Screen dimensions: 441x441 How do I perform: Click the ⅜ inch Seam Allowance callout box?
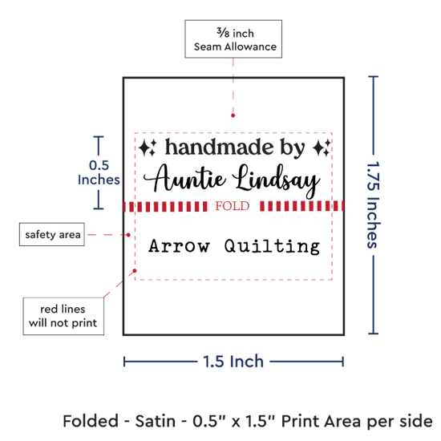point(233,38)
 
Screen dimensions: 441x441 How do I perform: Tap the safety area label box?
point(52,234)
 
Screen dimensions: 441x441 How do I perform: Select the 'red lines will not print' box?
point(63,316)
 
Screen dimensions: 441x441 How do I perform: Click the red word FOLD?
point(233,206)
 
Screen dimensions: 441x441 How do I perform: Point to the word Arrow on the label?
point(179,246)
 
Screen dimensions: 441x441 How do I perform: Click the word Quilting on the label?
point(272,247)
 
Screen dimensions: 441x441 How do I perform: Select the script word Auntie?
point(184,178)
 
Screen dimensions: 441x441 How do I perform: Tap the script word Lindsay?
point(276,181)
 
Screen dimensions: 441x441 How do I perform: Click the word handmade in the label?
point(219,147)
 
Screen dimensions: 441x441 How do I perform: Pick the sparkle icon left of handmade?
point(148,148)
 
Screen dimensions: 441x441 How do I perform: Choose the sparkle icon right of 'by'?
point(322,148)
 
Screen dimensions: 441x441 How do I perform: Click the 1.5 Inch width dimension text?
point(233,361)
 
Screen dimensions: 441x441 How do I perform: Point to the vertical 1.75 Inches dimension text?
point(374,205)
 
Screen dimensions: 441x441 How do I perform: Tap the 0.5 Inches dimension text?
point(99,172)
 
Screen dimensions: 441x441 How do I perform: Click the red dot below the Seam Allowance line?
point(233,115)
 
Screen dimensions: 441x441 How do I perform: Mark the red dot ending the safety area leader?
point(128,235)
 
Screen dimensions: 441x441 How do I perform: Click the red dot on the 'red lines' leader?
point(135,270)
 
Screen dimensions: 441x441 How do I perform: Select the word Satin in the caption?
point(156,421)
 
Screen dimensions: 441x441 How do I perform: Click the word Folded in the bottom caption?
point(91,421)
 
